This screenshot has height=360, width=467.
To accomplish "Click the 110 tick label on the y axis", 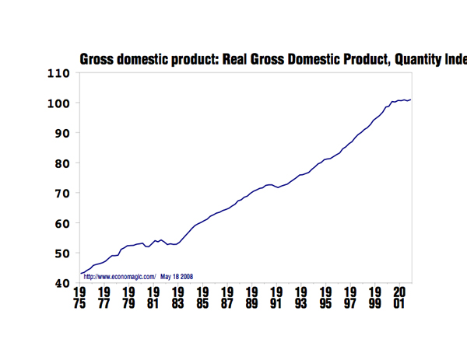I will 59,74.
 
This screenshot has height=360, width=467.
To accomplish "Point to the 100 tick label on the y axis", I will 59,103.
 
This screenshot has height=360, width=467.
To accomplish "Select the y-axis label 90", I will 62,133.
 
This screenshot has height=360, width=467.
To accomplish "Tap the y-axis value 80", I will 62,163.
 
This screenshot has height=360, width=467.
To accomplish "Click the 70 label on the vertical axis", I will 62,193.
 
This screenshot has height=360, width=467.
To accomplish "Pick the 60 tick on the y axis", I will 62,223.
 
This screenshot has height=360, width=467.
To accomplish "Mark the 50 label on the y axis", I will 62,253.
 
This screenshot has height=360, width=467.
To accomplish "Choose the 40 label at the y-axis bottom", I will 62,283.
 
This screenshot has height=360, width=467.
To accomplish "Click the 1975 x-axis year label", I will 79,298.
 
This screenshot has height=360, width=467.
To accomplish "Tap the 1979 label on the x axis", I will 128,298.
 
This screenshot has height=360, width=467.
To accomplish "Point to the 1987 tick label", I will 227,298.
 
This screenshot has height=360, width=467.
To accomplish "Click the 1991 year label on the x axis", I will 276,298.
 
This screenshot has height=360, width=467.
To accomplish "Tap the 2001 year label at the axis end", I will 399,298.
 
